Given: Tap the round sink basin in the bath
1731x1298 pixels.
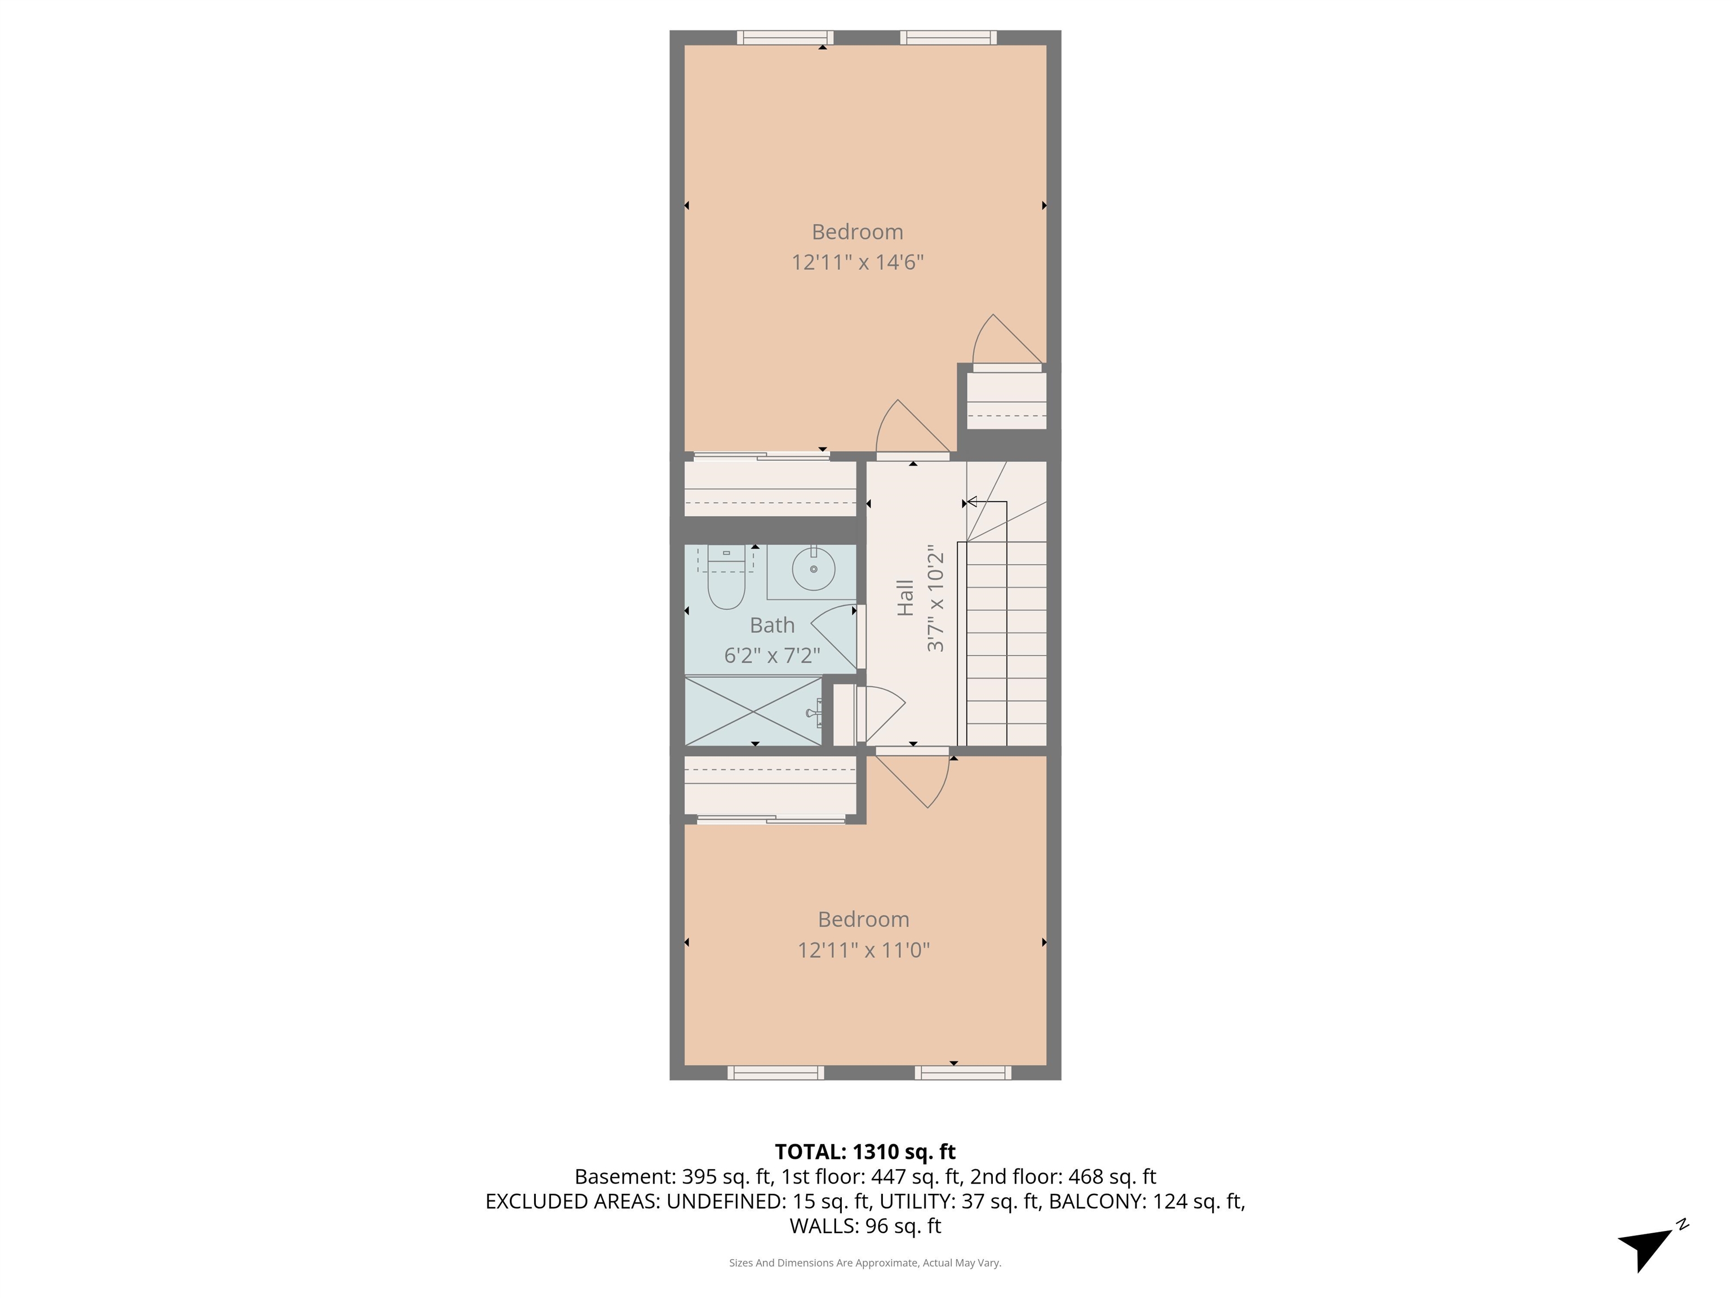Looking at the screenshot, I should pyautogui.click(x=813, y=569).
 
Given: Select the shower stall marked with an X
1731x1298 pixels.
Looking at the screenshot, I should pyautogui.click(x=753, y=711).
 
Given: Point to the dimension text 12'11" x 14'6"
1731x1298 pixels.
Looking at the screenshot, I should pyautogui.click(x=858, y=262).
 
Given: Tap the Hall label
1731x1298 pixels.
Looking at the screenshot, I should pyautogui.click(x=906, y=598).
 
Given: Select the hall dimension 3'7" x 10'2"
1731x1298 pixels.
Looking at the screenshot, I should pyautogui.click(x=936, y=602).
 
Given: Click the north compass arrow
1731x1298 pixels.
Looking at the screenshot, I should pyautogui.click(x=1646, y=1247).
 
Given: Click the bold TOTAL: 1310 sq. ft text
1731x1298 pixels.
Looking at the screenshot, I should pyautogui.click(x=865, y=1152).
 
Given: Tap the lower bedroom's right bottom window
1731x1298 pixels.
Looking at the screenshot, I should pyautogui.click(x=962, y=1073).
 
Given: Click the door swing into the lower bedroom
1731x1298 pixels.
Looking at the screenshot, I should pyautogui.click(x=916, y=783).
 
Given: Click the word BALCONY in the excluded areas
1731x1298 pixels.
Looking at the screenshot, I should pyautogui.click(x=1097, y=1201).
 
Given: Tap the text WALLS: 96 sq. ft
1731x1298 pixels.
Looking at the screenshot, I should pyautogui.click(x=865, y=1226).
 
